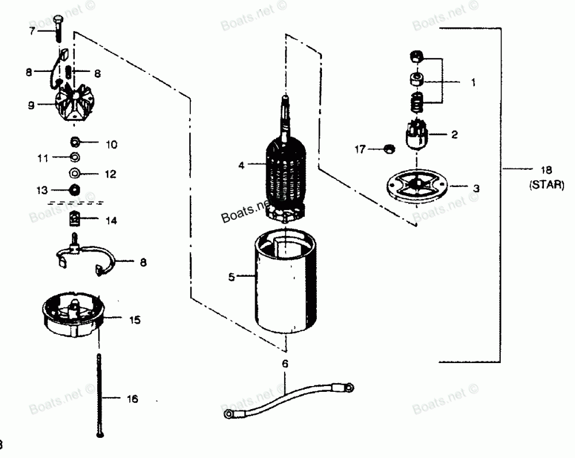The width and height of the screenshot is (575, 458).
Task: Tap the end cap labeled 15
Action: [x=72, y=317]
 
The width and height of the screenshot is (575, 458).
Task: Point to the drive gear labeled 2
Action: [x=418, y=135]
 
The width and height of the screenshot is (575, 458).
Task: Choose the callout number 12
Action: [x=110, y=173]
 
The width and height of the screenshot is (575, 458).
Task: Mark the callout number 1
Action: [x=473, y=82]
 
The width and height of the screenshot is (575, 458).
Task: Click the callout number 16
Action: [x=132, y=399]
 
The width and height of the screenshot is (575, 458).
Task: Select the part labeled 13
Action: [x=75, y=189]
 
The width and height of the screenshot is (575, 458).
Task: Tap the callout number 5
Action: [x=232, y=277]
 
